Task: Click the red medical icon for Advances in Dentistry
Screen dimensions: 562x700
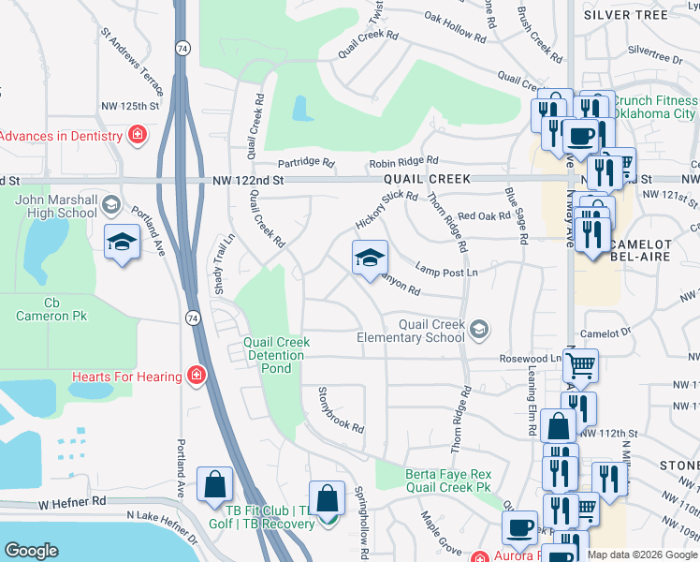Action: click(138, 135)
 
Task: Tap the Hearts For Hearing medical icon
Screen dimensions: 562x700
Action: click(197, 377)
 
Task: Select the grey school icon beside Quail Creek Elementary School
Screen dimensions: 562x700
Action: click(479, 329)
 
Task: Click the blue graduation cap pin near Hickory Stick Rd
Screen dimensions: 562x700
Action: click(370, 257)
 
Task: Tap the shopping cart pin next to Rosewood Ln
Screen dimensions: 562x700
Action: click(581, 363)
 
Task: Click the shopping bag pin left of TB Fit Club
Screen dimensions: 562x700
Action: click(215, 484)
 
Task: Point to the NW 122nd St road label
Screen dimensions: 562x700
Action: click(247, 180)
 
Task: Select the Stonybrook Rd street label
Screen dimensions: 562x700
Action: click(341, 409)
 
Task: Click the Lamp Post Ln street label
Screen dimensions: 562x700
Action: click(446, 271)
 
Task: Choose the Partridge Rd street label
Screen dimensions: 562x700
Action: click(305, 162)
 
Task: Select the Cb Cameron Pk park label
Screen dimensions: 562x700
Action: click(51, 309)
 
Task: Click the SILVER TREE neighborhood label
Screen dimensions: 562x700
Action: click(626, 14)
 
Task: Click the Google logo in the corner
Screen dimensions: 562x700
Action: click(31, 551)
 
